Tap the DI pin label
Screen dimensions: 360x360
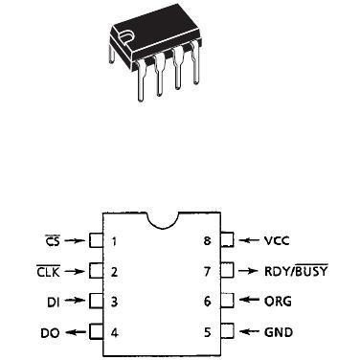point(55,302)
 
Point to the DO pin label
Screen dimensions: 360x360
point(52,333)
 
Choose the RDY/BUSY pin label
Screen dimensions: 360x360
point(296,271)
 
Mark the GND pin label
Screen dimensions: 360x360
point(278,333)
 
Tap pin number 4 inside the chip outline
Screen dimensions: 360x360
point(114,333)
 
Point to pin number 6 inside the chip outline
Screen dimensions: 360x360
point(206,302)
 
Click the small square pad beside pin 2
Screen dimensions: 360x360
point(95,271)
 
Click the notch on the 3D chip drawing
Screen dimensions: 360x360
point(125,37)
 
